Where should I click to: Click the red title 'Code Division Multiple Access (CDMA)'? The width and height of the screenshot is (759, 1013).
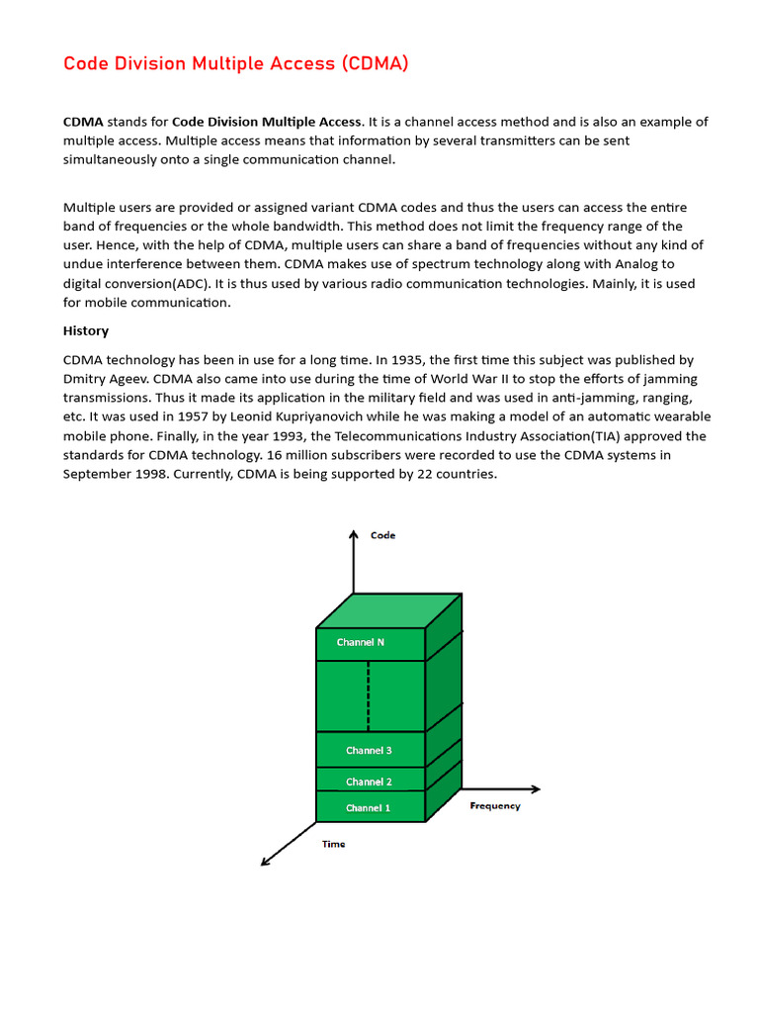(x=235, y=64)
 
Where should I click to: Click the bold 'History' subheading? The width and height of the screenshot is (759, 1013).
(x=86, y=330)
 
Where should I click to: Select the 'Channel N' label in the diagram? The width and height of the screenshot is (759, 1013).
(x=361, y=642)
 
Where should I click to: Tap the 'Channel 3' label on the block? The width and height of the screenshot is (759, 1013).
(x=369, y=750)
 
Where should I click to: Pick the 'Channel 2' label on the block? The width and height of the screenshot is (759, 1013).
(x=369, y=782)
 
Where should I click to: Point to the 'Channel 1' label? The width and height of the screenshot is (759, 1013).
(x=368, y=808)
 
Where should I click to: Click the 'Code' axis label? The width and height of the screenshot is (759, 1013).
(x=382, y=535)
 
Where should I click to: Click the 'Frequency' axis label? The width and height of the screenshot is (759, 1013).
(x=495, y=806)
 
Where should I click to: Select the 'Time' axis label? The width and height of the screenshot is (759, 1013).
(x=334, y=844)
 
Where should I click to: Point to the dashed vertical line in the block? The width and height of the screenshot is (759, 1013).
(x=369, y=695)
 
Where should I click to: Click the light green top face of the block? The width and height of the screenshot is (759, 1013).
(x=388, y=610)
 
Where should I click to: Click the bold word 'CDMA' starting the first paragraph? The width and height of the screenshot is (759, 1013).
(x=83, y=122)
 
